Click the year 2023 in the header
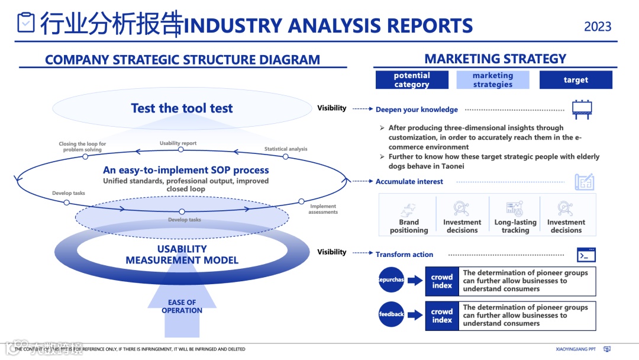point(598,27)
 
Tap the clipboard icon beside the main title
point(27,23)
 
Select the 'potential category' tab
point(412,80)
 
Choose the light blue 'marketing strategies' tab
point(493,80)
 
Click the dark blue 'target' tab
point(576,80)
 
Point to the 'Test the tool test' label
point(182,108)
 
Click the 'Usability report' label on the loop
point(178,143)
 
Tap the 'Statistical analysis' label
point(286,149)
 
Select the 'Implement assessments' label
point(323,209)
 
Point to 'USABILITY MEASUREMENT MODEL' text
point(182,255)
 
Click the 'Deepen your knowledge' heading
point(417,110)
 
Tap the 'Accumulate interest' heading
point(409,182)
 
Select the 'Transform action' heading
point(404,255)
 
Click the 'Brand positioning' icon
point(409,209)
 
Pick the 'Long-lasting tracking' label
point(515,226)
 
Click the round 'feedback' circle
point(391,314)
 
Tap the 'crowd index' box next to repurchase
point(442,281)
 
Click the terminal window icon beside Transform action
point(586,255)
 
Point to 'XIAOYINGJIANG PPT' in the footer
point(576,349)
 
